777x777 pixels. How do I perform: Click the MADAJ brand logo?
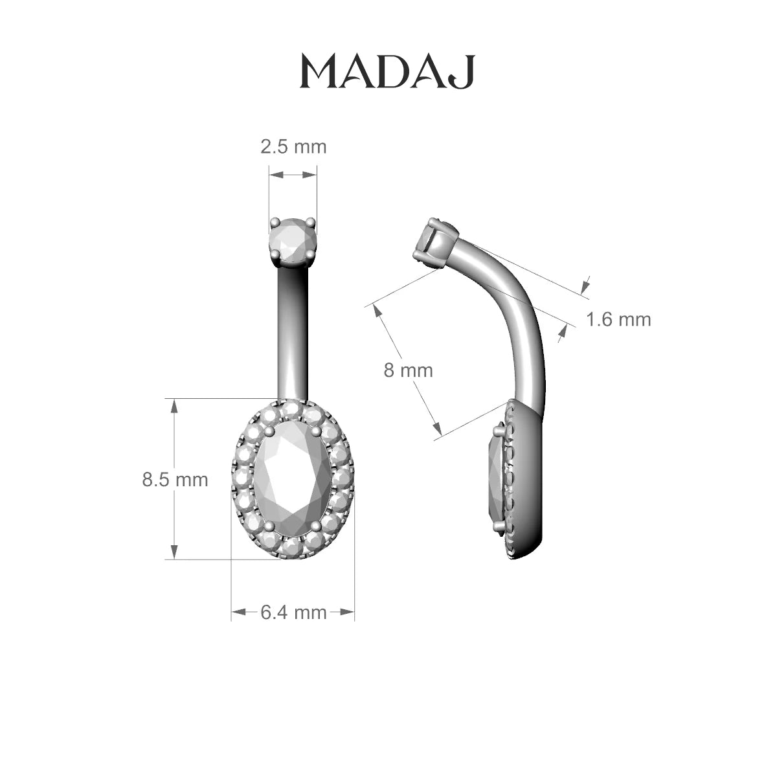tap(387, 72)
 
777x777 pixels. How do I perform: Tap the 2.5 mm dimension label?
tap(293, 147)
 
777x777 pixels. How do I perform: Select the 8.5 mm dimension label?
tap(175, 480)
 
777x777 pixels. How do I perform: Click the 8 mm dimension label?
tap(408, 370)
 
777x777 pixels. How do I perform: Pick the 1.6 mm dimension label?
tap(618, 319)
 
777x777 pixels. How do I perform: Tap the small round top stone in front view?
tap(293, 241)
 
